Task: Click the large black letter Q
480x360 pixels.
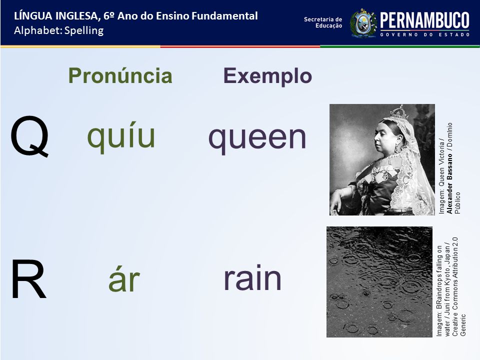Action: pyautogui.click(x=29, y=136)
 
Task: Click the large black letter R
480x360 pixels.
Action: pyautogui.click(x=28, y=279)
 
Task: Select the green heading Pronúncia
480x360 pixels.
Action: pyautogui.click(x=120, y=75)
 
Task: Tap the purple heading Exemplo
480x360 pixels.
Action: pyautogui.click(x=267, y=76)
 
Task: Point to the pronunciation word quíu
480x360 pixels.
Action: pyautogui.click(x=121, y=136)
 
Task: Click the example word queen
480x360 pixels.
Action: pyautogui.click(x=257, y=137)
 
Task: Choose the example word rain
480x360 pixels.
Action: pyautogui.click(x=252, y=278)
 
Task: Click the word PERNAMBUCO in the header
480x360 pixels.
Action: pyautogui.click(x=424, y=21)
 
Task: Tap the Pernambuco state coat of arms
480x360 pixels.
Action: pyautogui.click(x=363, y=23)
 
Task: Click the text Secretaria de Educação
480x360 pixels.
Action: pyautogui.click(x=323, y=22)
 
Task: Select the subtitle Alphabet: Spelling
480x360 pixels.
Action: pyautogui.click(x=59, y=30)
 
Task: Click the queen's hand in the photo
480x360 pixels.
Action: pyautogui.click(x=336, y=201)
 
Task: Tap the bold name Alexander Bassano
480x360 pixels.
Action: pyautogui.click(x=449, y=183)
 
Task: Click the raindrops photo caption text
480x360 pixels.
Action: pyautogui.click(x=451, y=287)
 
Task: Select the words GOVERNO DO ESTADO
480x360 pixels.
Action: pyautogui.click(x=425, y=34)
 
